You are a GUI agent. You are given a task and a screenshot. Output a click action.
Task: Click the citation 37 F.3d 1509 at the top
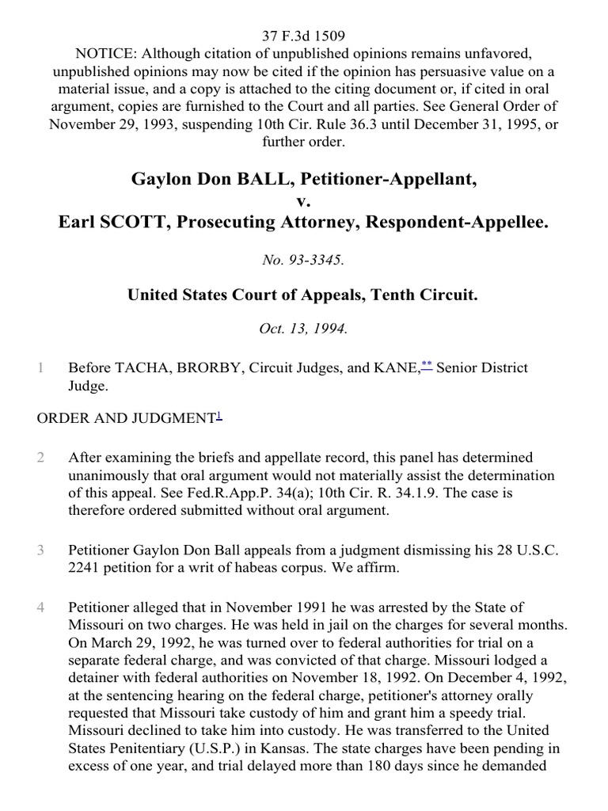[x=303, y=36]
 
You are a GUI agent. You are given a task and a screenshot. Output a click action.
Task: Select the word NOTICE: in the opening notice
[x=101, y=53]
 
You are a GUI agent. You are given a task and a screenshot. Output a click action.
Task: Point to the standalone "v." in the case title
[x=303, y=202]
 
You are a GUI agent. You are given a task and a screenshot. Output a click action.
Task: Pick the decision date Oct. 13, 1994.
[x=303, y=329]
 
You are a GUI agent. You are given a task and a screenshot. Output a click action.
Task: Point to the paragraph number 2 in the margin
[x=40, y=458]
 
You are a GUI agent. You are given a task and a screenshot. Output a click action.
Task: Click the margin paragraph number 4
[x=40, y=607]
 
